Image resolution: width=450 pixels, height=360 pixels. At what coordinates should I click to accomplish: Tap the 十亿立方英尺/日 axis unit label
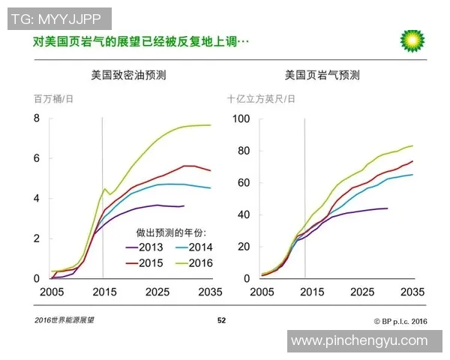(261, 99)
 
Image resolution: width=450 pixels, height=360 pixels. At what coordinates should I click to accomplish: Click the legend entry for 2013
(151, 247)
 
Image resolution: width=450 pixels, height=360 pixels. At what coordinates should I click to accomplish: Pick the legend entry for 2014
(196, 247)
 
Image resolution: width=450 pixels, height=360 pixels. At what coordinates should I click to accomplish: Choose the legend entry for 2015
(151, 262)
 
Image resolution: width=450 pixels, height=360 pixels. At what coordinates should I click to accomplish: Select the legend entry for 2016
(196, 262)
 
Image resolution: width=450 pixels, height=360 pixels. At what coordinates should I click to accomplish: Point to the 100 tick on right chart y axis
(241, 118)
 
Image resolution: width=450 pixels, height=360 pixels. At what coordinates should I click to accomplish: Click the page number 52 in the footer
(221, 320)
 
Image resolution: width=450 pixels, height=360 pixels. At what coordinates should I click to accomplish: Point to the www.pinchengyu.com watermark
(359, 340)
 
